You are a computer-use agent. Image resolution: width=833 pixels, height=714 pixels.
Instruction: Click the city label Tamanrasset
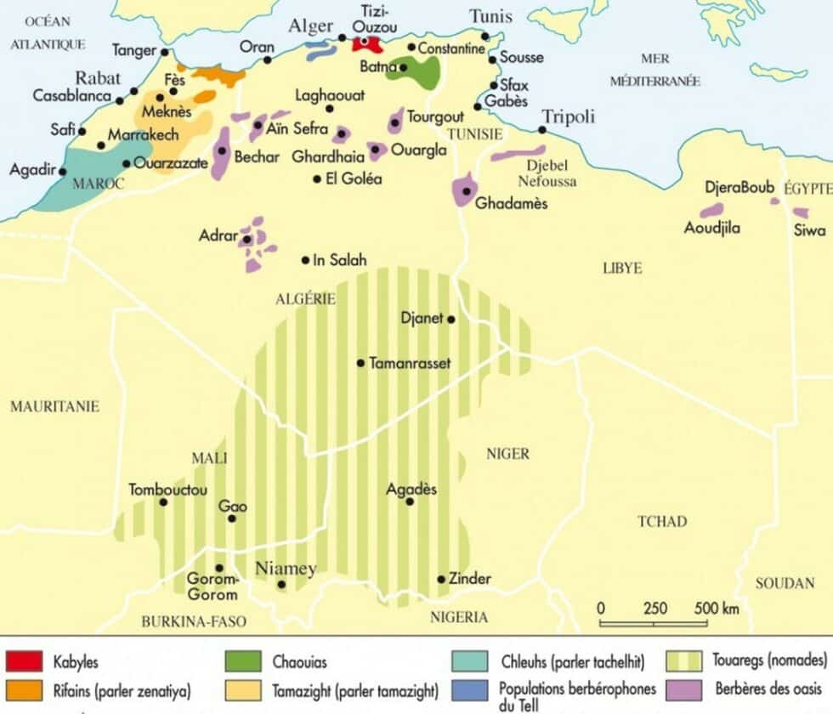(x=410, y=363)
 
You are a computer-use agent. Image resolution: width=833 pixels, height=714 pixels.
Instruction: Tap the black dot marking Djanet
(x=451, y=320)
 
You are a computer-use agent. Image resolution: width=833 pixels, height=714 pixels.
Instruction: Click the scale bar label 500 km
(x=717, y=609)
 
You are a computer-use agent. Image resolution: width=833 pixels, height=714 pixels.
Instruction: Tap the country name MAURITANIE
(x=54, y=406)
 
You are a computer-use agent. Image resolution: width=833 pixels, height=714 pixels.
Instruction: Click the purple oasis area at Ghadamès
(x=464, y=189)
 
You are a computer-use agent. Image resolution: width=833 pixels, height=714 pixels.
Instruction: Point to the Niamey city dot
(x=281, y=585)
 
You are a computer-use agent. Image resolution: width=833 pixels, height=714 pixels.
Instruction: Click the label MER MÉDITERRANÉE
(x=654, y=69)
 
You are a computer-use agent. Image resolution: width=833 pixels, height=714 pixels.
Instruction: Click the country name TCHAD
(x=662, y=521)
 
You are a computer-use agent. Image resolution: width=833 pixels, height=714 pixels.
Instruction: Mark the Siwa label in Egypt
(x=809, y=230)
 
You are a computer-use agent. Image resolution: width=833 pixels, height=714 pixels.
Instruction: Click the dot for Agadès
(x=410, y=502)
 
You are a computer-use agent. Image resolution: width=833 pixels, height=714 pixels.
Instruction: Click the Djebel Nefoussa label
(x=552, y=173)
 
